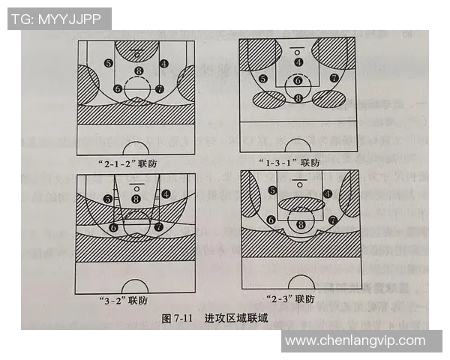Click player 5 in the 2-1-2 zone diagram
(x=109, y=64)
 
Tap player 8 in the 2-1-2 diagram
(x=137, y=71)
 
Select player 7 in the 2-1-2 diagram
(x=159, y=88)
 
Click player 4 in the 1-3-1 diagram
(x=298, y=62)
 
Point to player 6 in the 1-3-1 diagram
(x=298, y=80)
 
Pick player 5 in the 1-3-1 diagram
(x=262, y=79)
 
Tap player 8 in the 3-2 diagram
(x=136, y=199)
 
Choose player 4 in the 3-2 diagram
(x=165, y=193)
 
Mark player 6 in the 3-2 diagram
(x=114, y=226)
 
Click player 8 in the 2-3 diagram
(x=301, y=223)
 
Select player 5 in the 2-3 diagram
(x=272, y=191)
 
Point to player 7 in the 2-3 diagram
(x=332, y=220)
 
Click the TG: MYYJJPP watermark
(x=57, y=19)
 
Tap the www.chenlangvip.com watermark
(x=355, y=340)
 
